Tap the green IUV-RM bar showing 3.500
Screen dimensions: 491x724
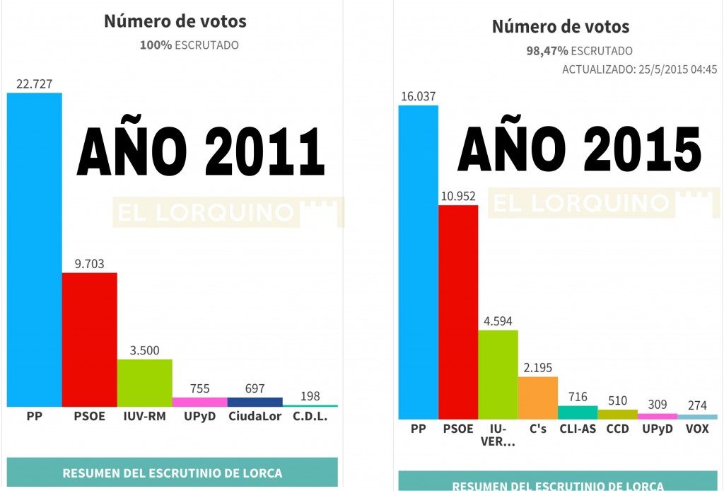click(144, 383)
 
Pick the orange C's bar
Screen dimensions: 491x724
click(537, 398)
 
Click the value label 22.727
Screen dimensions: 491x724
click(34, 83)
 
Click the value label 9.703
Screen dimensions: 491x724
click(89, 263)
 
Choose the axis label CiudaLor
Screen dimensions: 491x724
click(255, 416)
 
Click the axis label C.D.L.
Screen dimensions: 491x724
click(310, 416)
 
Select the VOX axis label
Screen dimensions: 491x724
click(696, 429)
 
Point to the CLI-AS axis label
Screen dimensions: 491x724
click(578, 429)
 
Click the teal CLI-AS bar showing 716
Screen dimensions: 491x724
click(578, 412)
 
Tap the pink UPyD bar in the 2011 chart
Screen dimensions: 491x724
click(199, 401)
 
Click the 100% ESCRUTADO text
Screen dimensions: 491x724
click(189, 45)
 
